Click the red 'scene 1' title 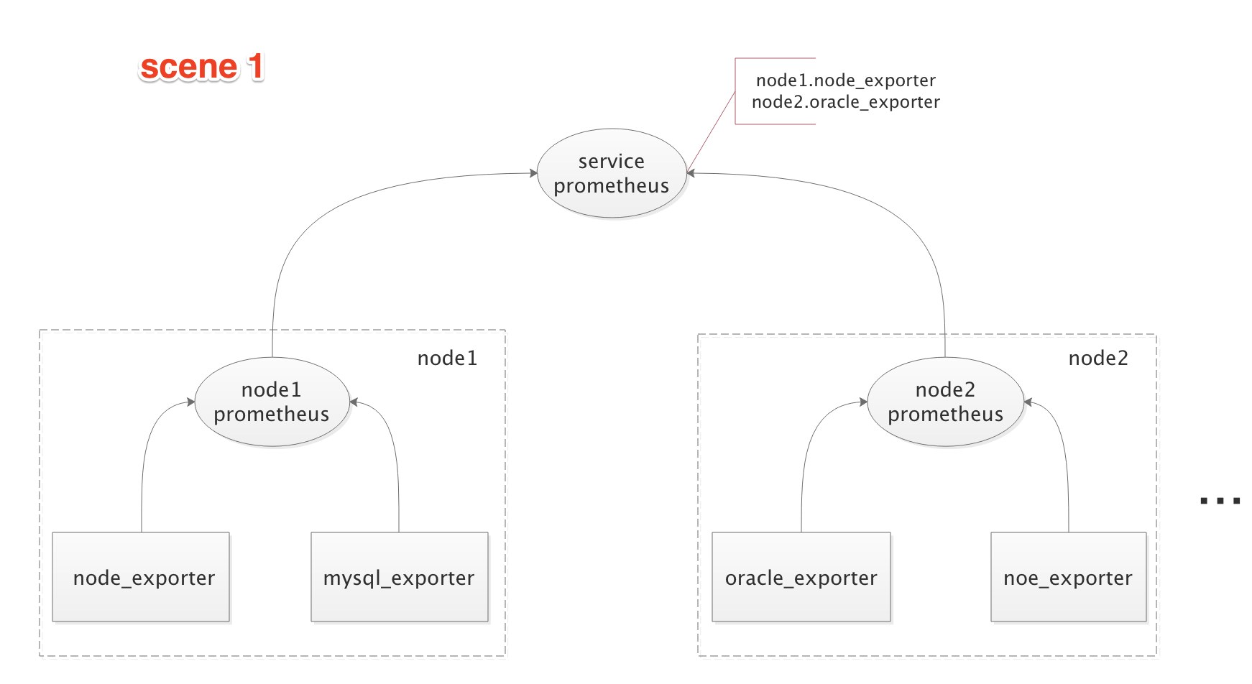(x=201, y=67)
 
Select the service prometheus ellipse (x=611, y=173)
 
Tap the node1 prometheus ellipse (x=272, y=402)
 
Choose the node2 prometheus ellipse (x=945, y=402)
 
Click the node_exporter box (x=141, y=577)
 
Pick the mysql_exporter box (x=399, y=577)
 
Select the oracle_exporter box (x=801, y=577)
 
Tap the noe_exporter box (x=1068, y=577)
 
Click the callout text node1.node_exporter (x=845, y=80)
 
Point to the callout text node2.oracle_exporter (x=845, y=102)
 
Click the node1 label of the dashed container (x=447, y=358)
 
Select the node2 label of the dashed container (x=1098, y=358)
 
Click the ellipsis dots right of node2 (x=1220, y=501)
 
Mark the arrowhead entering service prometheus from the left (x=533, y=173)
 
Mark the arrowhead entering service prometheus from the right (x=691, y=173)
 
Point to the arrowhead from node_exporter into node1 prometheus (x=190, y=402)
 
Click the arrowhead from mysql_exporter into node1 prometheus (x=354, y=402)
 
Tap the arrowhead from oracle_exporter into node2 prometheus (x=863, y=402)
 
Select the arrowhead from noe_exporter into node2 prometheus (x=1028, y=402)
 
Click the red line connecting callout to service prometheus (x=712, y=131)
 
